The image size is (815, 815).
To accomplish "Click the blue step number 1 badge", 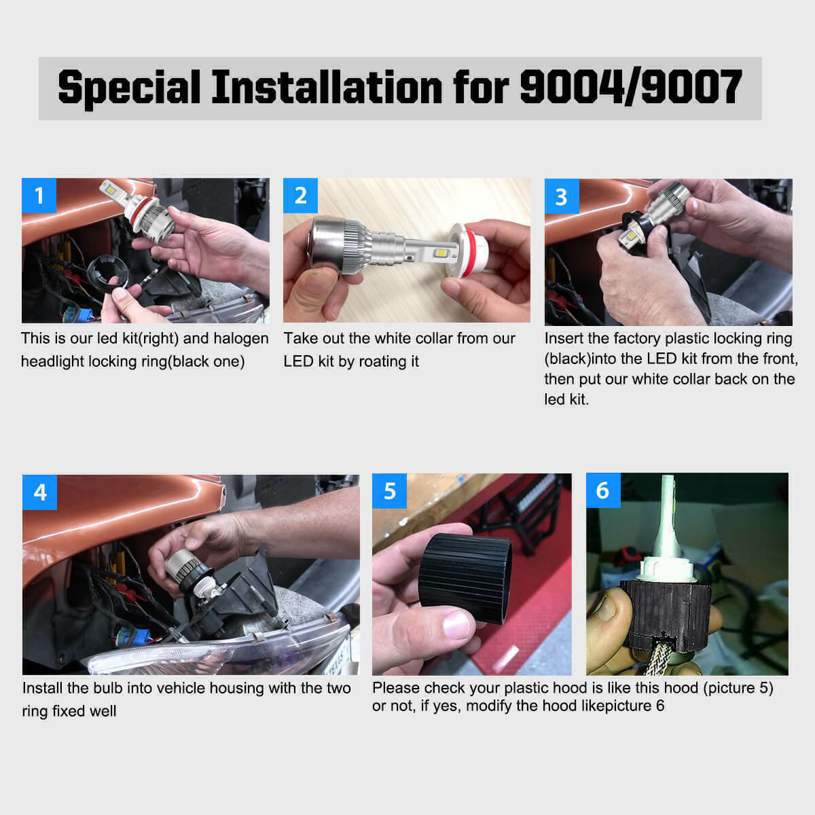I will click(39, 196).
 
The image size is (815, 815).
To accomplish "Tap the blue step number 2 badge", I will click(300, 196).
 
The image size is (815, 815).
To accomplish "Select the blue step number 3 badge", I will click(561, 196).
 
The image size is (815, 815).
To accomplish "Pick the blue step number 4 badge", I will click(39, 492).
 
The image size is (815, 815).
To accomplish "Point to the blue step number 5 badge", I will click(389, 491).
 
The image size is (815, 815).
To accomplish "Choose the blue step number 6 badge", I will click(602, 490).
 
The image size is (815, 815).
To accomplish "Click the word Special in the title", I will click(129, 88).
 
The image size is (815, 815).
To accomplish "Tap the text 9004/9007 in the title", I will click(630, 88).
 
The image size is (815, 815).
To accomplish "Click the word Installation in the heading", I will click(326, 88).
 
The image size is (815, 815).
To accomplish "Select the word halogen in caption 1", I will click(240, 338).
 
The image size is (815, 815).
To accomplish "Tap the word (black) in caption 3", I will click(567, 359).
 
